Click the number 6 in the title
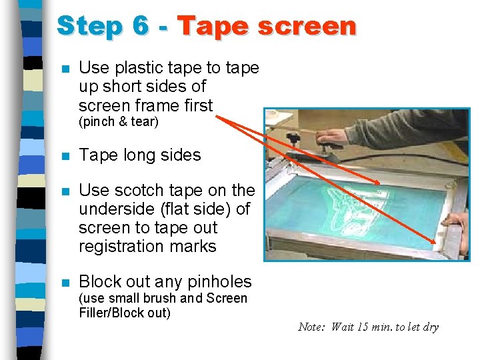point(141,25)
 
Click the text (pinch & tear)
point(119,122)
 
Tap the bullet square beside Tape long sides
point(66,157)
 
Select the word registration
point(121,247)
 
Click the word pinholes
point(219,282)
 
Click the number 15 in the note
point(363,327)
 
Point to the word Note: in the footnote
point(311,327)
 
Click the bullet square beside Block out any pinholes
point(66,282)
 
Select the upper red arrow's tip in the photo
point(380,184)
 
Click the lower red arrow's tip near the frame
point(435,243)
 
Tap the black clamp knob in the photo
point(293,139)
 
